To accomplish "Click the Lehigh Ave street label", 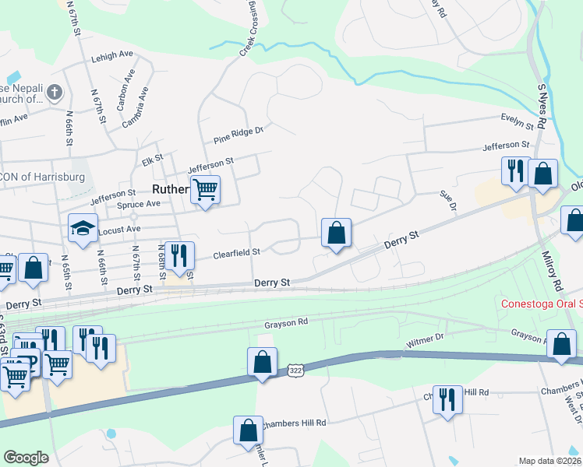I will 112,55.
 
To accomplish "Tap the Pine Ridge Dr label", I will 238,135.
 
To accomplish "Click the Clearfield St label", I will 236,252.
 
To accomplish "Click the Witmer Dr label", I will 425,339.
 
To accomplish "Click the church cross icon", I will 54,93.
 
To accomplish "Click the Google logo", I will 26,458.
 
